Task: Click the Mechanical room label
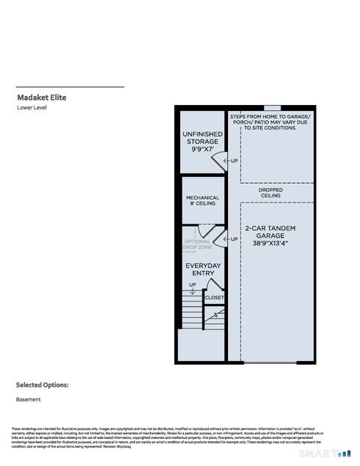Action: [x=202, y=198]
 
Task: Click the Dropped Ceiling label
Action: [x=271, y=192]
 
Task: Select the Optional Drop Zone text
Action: [x=199, y=245]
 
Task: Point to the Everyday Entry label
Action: [x=202, y=269]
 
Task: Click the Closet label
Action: [x=214, y=297]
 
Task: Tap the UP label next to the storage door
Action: [x=234, y=161]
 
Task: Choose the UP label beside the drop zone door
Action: [x=234, y=239]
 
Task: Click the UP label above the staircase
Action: [x=193, y=285]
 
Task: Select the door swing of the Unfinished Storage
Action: [x=218, y=160]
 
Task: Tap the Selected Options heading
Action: [x=43, y=385]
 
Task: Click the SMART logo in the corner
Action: [x=335, y=453]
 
